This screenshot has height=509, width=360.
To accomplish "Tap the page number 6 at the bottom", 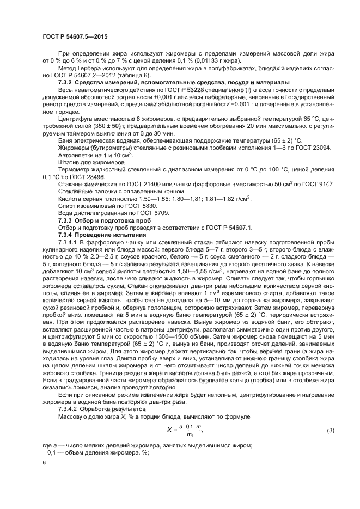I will coord(44,462).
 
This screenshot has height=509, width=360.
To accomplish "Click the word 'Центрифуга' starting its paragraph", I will coord(76,118).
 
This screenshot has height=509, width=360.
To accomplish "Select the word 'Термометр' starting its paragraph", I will coord(75,170).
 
